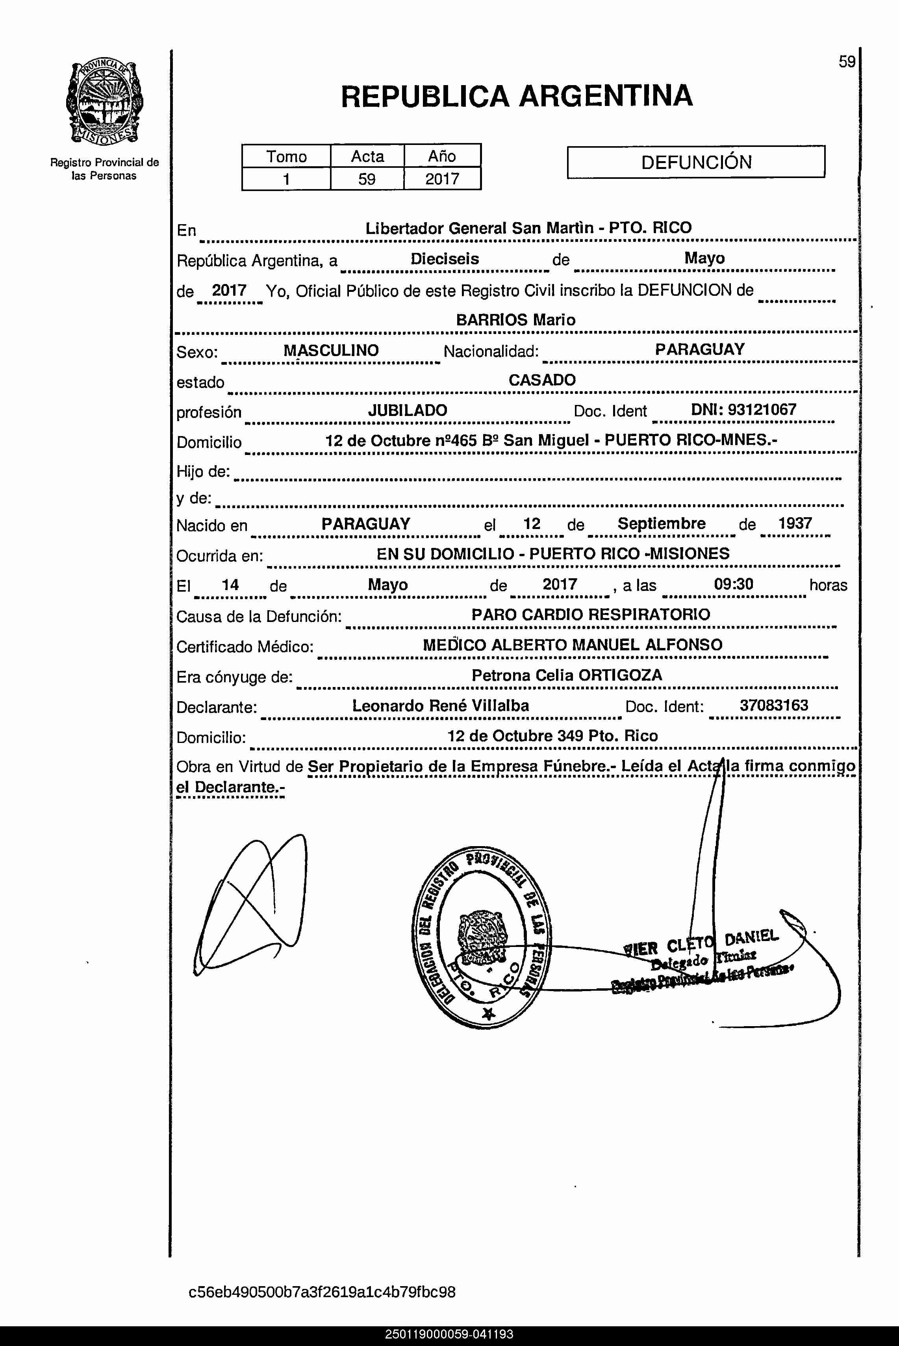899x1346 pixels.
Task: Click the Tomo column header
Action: click(286, 156)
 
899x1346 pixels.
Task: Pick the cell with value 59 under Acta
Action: click(367, 179)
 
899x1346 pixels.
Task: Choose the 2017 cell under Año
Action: click(442, 179)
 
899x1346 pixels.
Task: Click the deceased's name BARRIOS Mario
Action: click(515, 320)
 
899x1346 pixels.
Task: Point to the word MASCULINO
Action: click(331, 351)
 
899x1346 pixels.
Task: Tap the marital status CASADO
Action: click(542, 380)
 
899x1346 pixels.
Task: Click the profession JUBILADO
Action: click(407, 410)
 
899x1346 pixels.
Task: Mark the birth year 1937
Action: click(795, 523)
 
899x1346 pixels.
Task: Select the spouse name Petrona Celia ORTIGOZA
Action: click(567, 675)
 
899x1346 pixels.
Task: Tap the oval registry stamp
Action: click(481, 937)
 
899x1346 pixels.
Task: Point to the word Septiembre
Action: click(661, 524)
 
